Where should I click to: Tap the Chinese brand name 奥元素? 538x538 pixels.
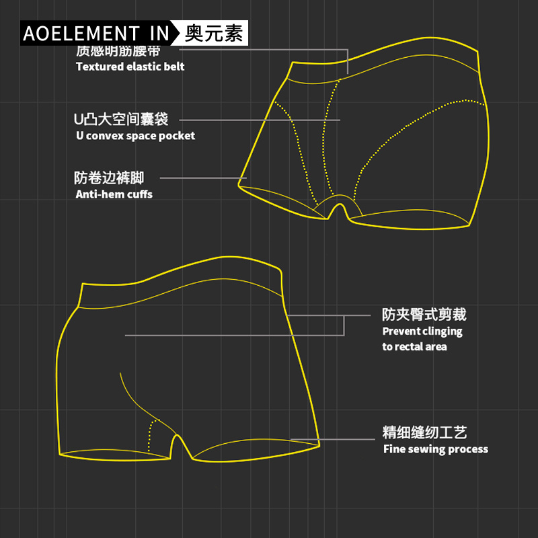point(214,33)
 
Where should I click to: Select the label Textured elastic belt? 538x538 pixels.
point(130,67)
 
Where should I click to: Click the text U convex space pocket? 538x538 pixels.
point(135,136)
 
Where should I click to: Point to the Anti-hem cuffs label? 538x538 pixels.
point(114,194)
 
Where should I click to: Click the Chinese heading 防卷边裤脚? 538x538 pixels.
point(109,178)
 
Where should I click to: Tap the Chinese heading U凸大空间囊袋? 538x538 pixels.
point(121,120)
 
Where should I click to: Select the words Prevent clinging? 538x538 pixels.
point(422,331)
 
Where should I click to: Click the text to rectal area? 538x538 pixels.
point(414,347)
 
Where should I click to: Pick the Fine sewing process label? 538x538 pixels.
point(436,449)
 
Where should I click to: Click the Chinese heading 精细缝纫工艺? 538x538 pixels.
point(424,432)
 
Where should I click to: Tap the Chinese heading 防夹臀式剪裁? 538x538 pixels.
point(424,315)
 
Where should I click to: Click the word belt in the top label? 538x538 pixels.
point(174,67)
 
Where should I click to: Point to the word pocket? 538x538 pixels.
point(180,136)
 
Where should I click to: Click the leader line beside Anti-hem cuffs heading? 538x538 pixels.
point(202,178)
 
